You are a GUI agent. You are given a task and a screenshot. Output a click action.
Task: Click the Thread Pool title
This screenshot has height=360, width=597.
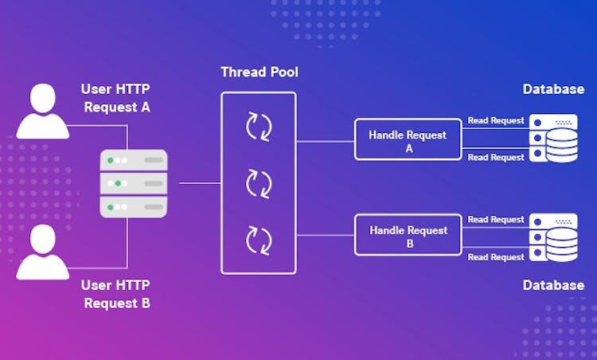pos(259,72)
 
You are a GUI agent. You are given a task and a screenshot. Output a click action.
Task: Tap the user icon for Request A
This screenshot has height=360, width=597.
pos(43,111)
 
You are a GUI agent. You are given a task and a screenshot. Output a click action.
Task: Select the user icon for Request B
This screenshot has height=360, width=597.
pos(43,252)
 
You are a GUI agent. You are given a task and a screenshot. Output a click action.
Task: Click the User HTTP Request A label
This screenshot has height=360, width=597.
pos(115,98)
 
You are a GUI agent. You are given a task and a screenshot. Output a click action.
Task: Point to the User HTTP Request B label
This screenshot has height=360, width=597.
pos(115,294)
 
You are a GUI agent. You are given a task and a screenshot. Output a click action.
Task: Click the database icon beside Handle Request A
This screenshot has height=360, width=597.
pos(553,139)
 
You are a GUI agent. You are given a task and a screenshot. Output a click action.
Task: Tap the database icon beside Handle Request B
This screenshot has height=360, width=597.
pos(553,237)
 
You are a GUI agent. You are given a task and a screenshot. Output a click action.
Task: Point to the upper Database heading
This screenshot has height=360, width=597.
pos(553,89)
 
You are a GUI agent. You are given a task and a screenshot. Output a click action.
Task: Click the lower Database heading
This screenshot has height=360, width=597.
pos(553,285)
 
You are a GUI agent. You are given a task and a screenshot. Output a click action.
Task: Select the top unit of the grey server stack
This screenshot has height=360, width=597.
pos(134,160)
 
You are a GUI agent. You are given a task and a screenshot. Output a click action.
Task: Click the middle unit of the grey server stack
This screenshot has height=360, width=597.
pos(134,183)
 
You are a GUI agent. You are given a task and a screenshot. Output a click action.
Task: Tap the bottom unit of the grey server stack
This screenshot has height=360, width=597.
pos(134,207)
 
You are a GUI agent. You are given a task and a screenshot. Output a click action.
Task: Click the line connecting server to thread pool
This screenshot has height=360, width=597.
pos(201,183)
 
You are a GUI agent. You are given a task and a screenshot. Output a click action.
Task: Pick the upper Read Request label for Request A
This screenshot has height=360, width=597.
pos(496,120)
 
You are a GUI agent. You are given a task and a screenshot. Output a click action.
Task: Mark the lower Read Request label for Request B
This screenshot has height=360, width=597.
pos(496,257)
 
